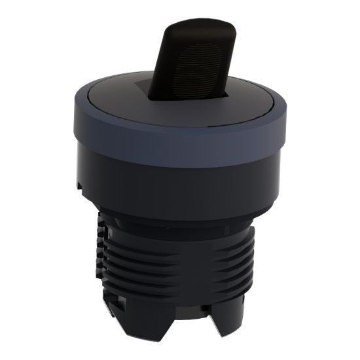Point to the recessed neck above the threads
(177, 226)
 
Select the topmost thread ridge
(177, 243)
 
